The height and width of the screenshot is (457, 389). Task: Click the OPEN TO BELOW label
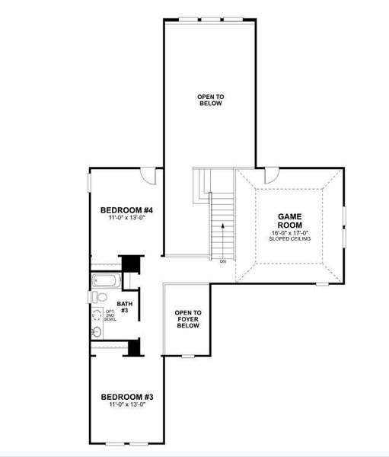coord(209,100)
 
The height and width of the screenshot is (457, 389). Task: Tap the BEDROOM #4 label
coord(127,210)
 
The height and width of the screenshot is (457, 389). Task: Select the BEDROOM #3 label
coord(127,397)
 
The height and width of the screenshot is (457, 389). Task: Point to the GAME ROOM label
coord(290,221)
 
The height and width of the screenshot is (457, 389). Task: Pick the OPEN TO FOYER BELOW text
coord(187,319)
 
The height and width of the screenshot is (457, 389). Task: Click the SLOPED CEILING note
coord(290,239)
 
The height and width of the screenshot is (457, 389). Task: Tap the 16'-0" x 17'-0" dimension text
coord(290,233)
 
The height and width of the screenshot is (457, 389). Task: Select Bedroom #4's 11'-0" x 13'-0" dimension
coord(127,219)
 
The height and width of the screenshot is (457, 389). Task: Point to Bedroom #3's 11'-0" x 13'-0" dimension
coord(127,405)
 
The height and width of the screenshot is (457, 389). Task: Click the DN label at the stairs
coord(223,262)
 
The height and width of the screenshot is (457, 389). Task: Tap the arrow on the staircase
coord(223,226)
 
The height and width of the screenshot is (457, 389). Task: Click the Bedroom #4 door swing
coord(148,177)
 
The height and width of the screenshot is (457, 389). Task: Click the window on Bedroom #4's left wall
coord(89,183)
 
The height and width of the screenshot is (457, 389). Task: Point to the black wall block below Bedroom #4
coord(133,263)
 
